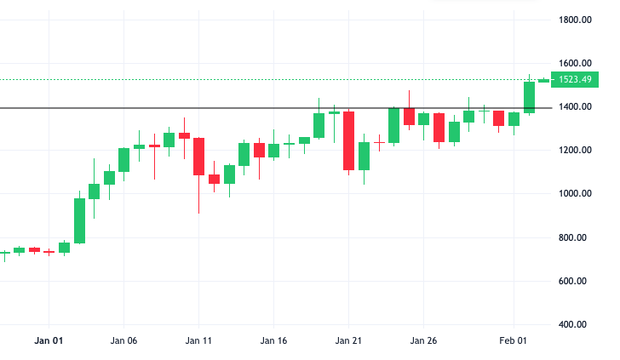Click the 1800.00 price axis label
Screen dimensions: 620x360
[x=575, y=20]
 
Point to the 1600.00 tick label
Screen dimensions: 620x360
[x=575, y=63]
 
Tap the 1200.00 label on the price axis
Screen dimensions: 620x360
[x=575, y=150]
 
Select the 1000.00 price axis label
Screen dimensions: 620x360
[x=575, y=194]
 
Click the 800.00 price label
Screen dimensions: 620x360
[x=572, y=237]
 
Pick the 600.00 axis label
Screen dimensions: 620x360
[x=572, y=281]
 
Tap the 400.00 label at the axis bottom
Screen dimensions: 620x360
[x=572, y=324]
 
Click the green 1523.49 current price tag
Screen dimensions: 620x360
[x=575, y=79]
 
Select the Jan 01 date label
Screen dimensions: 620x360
[x=49, y=340]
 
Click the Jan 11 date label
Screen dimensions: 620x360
[x=198, y=340]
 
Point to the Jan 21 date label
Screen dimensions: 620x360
[x=348, y=340]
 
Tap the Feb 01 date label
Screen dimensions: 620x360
[x=514, y=340]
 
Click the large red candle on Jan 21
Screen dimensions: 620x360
[x=349, y=141]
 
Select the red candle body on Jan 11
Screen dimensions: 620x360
[x=199, y=157]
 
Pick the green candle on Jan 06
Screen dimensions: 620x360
[x=123, y=160]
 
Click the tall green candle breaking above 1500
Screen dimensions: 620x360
[x=530, y=98]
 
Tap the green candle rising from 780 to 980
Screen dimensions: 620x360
[x=79, y=221]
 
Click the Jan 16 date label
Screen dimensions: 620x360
[x=273, y=340]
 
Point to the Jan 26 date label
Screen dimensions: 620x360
[x=423, y=340]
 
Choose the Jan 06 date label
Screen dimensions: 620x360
[x=123, y=340]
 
